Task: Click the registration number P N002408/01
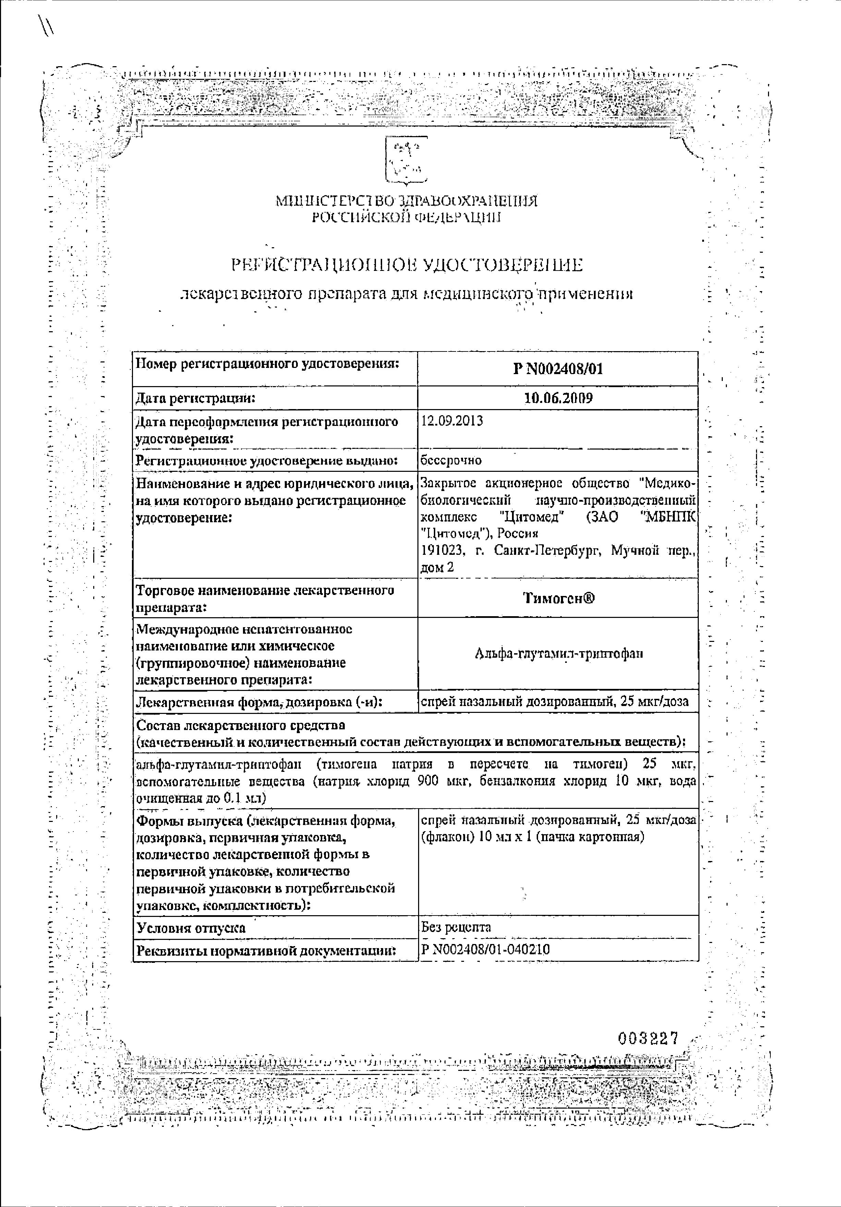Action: click(x=558, y=369)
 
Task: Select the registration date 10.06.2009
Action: click(x=558, y=398)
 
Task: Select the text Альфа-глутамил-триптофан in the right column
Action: click(x=559, y=654)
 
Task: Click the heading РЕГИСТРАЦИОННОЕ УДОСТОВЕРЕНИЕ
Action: click(x=407, y=265)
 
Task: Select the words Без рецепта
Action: click(x=456, y=927)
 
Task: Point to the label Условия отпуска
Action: click(x=191, y=928)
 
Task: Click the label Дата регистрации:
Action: click(x=195, y=398)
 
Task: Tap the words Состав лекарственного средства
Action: click(x=241, y=725)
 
